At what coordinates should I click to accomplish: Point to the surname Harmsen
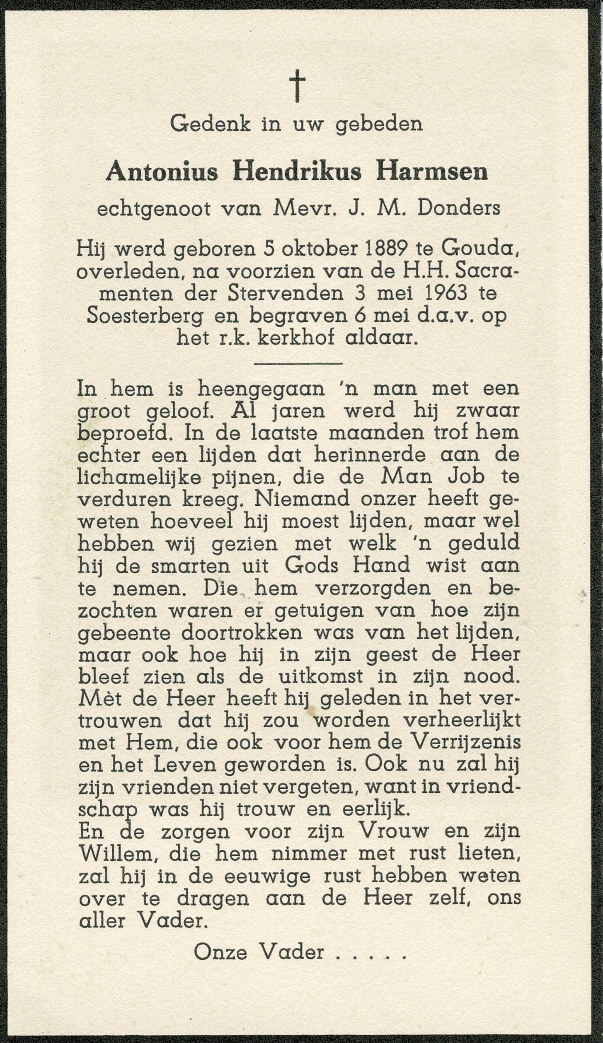pos(431,173)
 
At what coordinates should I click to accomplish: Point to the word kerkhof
pos(300,338)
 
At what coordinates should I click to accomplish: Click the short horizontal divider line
pos(297,364)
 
